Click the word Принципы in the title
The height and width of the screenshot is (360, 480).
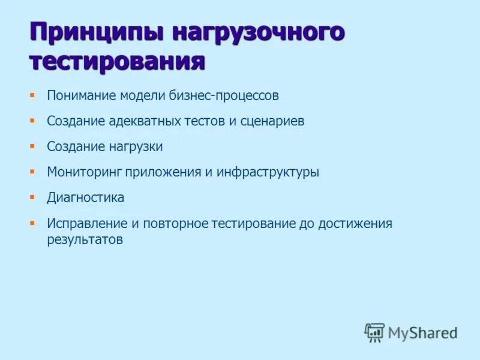tap(96, 32)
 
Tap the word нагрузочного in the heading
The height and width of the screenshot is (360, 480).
tap(259, 32)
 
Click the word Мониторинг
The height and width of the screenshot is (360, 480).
tap(85, 172)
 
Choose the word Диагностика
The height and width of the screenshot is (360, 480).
tap(86, 197)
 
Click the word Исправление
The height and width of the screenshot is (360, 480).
tap(87, 224)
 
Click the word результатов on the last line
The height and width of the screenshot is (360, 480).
tap(85, 239)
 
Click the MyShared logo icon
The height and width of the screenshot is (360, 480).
tap(374, 332)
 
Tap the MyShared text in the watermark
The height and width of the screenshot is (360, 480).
tap(422, 332)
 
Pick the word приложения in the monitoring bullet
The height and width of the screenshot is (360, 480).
tap(163, 172)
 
